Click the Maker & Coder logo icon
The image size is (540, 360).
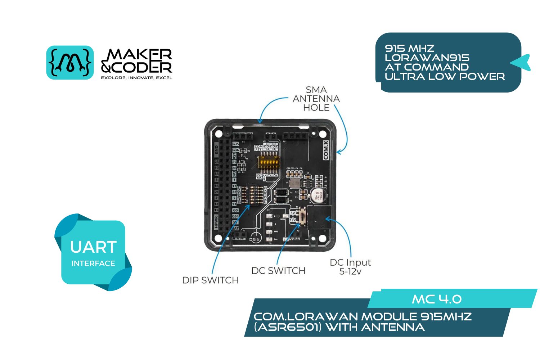coord(70,62)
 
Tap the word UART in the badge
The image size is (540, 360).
coord(93,247)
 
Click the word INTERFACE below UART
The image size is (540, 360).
coord(93,264)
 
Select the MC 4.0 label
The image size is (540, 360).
coord(436,299)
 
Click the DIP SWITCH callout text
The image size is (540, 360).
coord(210,280)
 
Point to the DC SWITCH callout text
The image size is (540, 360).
coord(278,271)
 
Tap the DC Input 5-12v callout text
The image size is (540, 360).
coord(350,267)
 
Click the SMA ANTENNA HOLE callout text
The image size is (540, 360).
coord(316,99)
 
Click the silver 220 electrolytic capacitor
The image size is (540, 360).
coord(319,195)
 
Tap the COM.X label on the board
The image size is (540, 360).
coord(326,150)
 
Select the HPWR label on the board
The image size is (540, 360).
coord(216,222)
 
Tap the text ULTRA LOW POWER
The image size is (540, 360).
coord(445,76)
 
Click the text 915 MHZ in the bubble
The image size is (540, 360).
coord(409,48)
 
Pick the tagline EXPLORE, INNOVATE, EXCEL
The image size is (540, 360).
coord(136,78)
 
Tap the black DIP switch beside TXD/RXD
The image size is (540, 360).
coord(248,194)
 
